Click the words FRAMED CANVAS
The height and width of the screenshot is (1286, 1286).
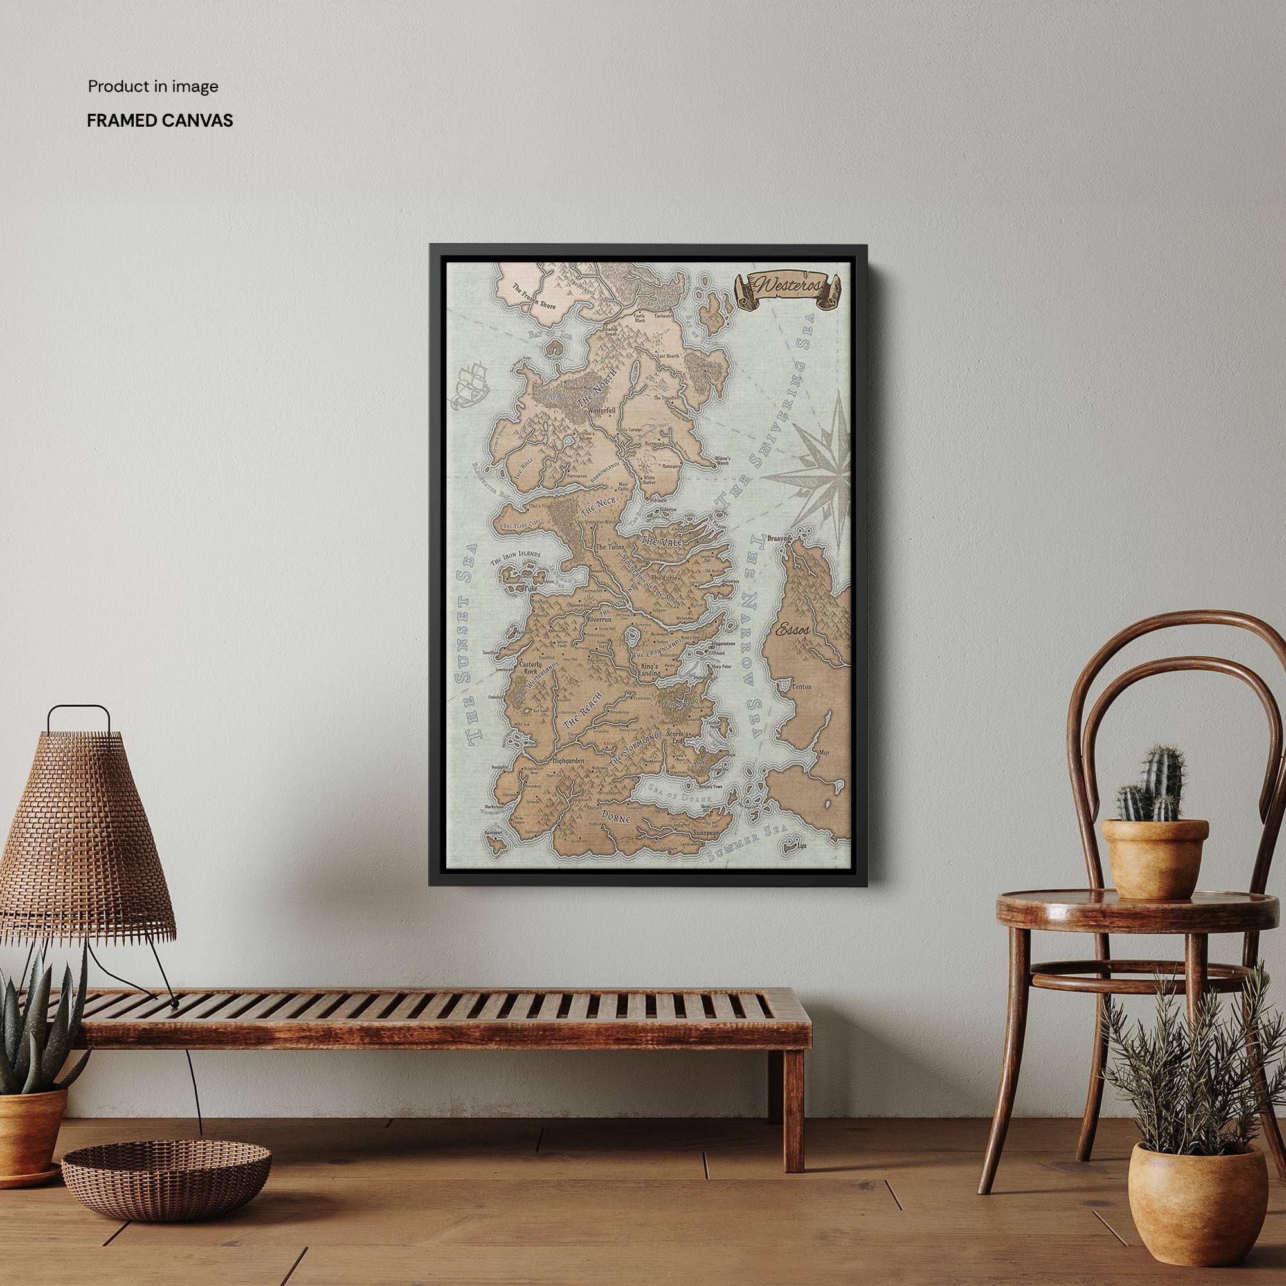tap(159, 120)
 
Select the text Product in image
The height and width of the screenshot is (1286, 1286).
tap(153, 87)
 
